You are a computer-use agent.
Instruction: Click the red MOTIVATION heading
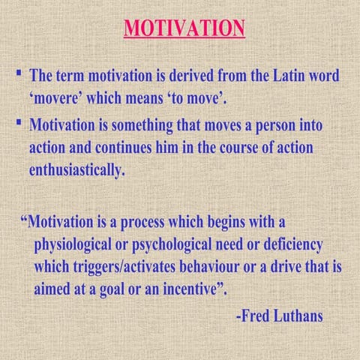(184, 28)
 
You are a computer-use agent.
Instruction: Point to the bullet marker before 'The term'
(18, 73)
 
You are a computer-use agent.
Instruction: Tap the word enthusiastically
(76, 169)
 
